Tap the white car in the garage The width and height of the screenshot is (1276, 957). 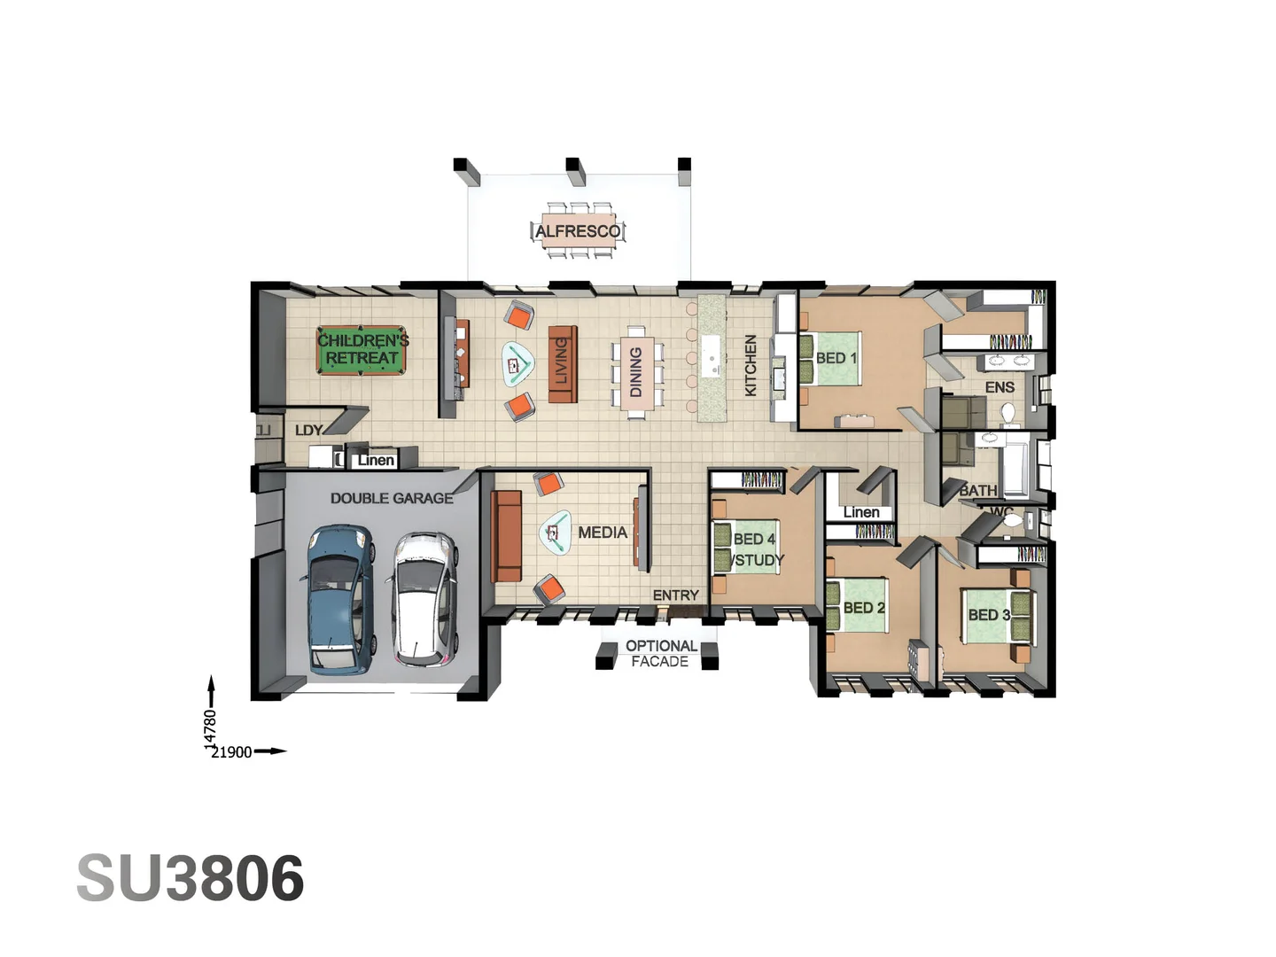pos(424,599)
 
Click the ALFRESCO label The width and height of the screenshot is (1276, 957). pos(578,231)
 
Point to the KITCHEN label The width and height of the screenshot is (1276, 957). pos(751,365)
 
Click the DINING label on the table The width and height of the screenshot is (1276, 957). pos(635,372)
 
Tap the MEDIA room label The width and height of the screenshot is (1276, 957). pos(603,533)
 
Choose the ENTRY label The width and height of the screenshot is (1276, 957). pos(676,595)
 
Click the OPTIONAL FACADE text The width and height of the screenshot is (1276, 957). pos(660,654)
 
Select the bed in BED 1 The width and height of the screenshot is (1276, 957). pos(830,358)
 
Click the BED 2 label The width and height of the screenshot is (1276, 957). pos(864,608)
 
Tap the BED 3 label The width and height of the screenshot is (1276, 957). pos(989,615)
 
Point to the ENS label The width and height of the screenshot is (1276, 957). pos(1000,387)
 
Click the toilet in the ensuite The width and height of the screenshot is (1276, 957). pos(1008,414)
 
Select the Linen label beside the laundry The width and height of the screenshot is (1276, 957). pos(376,461)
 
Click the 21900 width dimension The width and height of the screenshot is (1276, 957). pos(231,752)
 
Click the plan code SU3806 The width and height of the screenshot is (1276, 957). pos(191,879)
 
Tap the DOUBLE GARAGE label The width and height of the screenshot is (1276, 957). pos(392,499)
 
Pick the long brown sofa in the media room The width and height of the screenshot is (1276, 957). pos(507,536)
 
